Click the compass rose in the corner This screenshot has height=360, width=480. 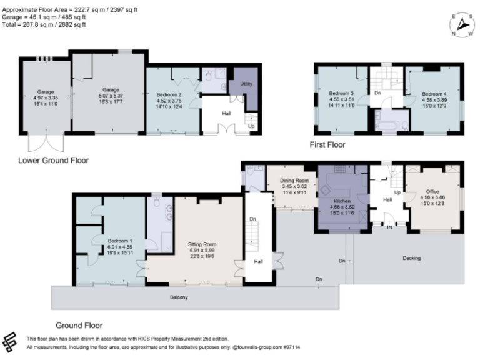tap(462, 24)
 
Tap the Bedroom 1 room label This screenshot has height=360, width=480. tap(119, 241)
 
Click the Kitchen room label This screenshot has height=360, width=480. tap(342, 201)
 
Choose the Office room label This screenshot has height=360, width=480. tap(432, 191)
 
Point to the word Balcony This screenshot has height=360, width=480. tap(178, 297)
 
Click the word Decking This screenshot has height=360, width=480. tap(411, 257)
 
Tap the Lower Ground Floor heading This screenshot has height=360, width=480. tap(53, 161)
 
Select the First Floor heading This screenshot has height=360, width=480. tap(327, 144)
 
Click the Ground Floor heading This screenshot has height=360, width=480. tap(79, 325)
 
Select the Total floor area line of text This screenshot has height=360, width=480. tap(44, 24)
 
